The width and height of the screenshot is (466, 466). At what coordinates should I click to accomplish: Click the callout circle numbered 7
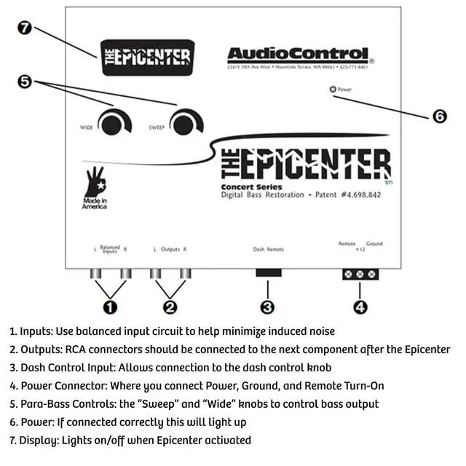click(24, 28)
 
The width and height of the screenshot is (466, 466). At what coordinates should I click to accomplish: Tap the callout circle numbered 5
click(25, 82)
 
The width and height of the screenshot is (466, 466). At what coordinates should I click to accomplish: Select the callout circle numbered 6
click(440, 116)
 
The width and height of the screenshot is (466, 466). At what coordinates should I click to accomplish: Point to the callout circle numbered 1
click(111, 307)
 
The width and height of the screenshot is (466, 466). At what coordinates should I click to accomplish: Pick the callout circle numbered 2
click(170, 307)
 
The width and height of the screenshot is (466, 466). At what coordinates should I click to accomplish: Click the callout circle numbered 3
click(267, 307)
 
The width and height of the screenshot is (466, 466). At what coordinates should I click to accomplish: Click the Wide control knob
click(112, 124)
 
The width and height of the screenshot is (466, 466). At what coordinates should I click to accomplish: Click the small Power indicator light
click(333, 90)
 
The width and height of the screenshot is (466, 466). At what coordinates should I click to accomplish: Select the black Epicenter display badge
click(148, 58)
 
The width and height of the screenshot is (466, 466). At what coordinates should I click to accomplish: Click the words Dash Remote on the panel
click(268, 249)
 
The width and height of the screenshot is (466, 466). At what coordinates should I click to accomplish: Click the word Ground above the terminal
click(374, 244)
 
